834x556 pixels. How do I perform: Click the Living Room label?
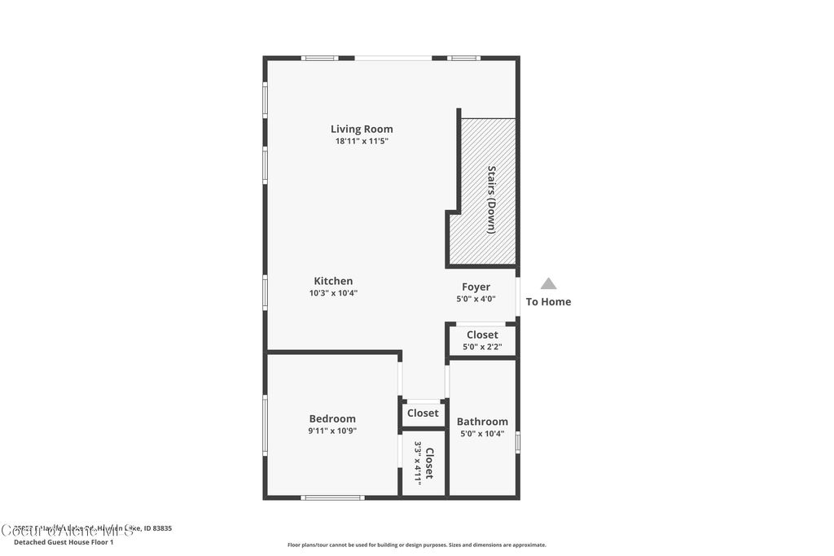(362, 129)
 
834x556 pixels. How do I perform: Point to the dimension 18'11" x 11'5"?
(362, 141)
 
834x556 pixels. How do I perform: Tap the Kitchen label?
(333, 281)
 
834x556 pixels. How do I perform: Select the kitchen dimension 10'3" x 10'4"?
(333, 293)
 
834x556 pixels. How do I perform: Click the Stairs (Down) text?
(491, 199)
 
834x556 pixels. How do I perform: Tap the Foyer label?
(476, 287)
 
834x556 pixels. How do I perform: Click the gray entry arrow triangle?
(548, 284)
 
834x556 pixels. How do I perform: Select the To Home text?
(548, 302)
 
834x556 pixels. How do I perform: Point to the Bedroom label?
(332, 418)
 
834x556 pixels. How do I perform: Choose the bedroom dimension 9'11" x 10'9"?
(332, 431)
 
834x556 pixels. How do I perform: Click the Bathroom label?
(482, 421)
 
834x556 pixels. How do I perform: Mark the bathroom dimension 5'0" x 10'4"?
(482, 433)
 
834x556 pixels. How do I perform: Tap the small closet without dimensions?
(423, 414)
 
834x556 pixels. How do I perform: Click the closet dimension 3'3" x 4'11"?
(418, 462)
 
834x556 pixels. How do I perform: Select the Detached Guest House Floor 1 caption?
(64, 541)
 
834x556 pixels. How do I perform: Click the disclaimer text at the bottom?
(416, 545)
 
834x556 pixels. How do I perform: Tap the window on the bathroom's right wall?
(518, 442)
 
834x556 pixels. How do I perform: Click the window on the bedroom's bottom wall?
(332, 497)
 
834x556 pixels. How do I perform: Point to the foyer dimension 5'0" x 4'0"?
(476, 299)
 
